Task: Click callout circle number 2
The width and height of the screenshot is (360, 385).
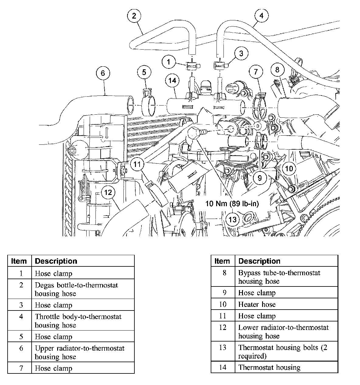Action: click(134, 16)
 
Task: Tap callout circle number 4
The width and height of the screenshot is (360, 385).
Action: click(262, 16)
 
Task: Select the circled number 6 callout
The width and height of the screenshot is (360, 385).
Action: click(103, 73)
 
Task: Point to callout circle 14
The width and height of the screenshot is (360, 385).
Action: click(172, 80)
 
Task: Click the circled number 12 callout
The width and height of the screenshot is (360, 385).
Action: click(108, 192)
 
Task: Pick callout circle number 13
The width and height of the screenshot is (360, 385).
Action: click(232, 219)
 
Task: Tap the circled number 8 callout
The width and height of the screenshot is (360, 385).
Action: click(277, 70)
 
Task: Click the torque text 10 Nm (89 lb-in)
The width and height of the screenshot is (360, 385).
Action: click(232, 204)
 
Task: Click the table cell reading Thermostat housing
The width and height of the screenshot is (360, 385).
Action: click(269, 367)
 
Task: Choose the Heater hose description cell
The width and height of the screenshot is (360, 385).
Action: click(257, 304)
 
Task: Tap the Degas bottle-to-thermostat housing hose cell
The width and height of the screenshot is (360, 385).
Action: click(76, 289)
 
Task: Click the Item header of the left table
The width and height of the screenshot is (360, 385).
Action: click(19, 261)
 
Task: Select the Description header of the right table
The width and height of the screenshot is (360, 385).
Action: click(259, 261)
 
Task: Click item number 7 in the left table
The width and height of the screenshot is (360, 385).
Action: click(21, 368)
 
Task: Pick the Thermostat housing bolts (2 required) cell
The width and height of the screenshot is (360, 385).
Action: click(282, 351)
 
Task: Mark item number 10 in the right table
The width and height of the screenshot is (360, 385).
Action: click(223, 304)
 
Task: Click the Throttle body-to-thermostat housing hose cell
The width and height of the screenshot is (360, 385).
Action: click(78, 321)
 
